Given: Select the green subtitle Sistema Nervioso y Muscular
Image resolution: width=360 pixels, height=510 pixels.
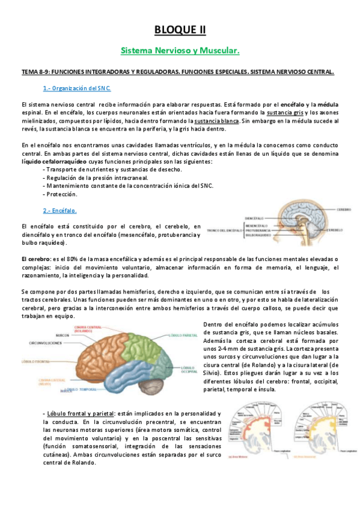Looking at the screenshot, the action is pyautogui.click(x=180, y=52).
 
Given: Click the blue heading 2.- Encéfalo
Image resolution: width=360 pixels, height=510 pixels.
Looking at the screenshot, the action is pyautogui.click(x=59, y=210).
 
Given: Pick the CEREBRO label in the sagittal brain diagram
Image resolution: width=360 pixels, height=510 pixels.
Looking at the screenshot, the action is pyautogui.click(x=346, y=210).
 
